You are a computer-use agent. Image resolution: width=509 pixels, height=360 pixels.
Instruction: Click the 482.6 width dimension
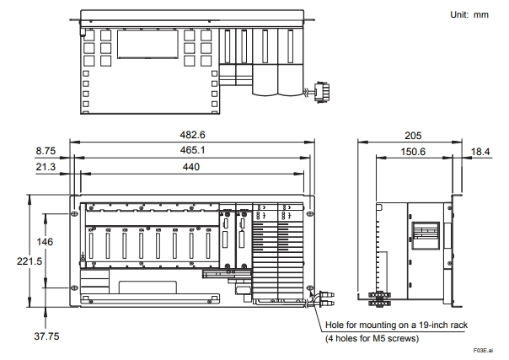pyautogui.click(x=192, y=135)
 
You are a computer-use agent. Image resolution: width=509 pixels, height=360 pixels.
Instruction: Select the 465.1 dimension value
pyautogui.click(x=192, y=150)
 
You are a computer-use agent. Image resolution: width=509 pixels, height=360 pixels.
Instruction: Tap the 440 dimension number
pyautogui.click(x=190, y=167)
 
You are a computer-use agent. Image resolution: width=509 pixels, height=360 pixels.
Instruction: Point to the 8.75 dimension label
pyautogui.click(x=46, y=151)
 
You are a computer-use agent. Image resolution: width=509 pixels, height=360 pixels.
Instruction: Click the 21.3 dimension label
pyautogui.click(x=46, y=167)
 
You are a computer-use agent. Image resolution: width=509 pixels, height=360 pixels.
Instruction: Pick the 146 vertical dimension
pyautogui.click(x=45, y=242)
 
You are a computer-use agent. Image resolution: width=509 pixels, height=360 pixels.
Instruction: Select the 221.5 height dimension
pyautogui.click(x=29, y=261)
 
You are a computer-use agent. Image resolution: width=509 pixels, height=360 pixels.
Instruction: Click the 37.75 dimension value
pyautogui.click(x=46, y=336)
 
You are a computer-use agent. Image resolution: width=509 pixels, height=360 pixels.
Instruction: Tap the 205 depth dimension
pyautogui.click(x=413, y=136)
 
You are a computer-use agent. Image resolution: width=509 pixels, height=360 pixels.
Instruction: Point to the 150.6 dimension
pyautogui.click(x=413, y=152)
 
